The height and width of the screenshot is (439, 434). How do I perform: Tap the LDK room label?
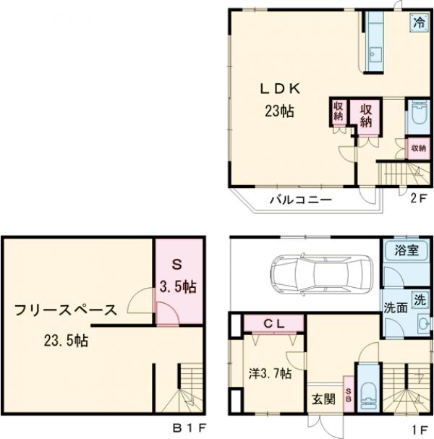280,90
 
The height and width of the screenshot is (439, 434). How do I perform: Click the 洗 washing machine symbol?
419,297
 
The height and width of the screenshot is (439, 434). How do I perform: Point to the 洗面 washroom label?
394,305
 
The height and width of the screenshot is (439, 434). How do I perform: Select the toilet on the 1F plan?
367,395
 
